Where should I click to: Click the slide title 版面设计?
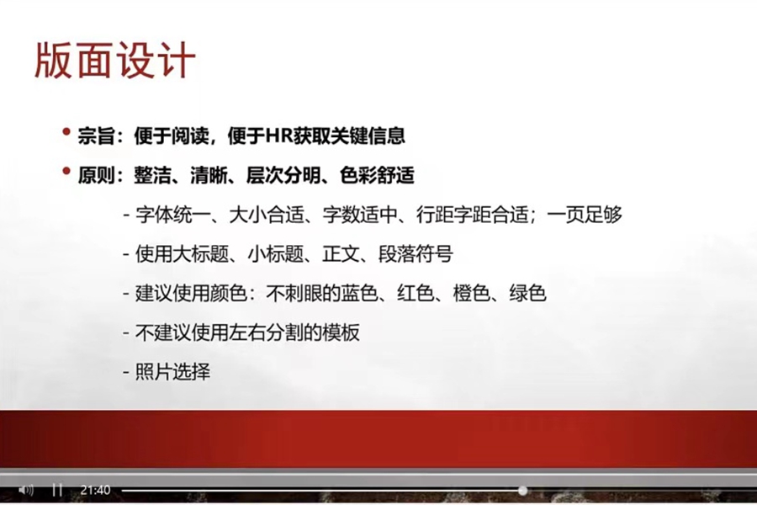[x=115, y=61]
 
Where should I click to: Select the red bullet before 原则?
[x=66, y=171]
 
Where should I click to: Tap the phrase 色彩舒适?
[x=377, y=175]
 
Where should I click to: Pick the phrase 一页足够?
[x=585, y=215]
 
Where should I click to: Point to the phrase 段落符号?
[x=416, y=254]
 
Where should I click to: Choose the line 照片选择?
[x=172, y=372]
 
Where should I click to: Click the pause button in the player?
[x=57, y=490]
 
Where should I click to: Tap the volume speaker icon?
[x=25, y=490]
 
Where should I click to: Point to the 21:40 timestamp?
[x=96, y=490]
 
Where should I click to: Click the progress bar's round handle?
[x=523, y=491]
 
